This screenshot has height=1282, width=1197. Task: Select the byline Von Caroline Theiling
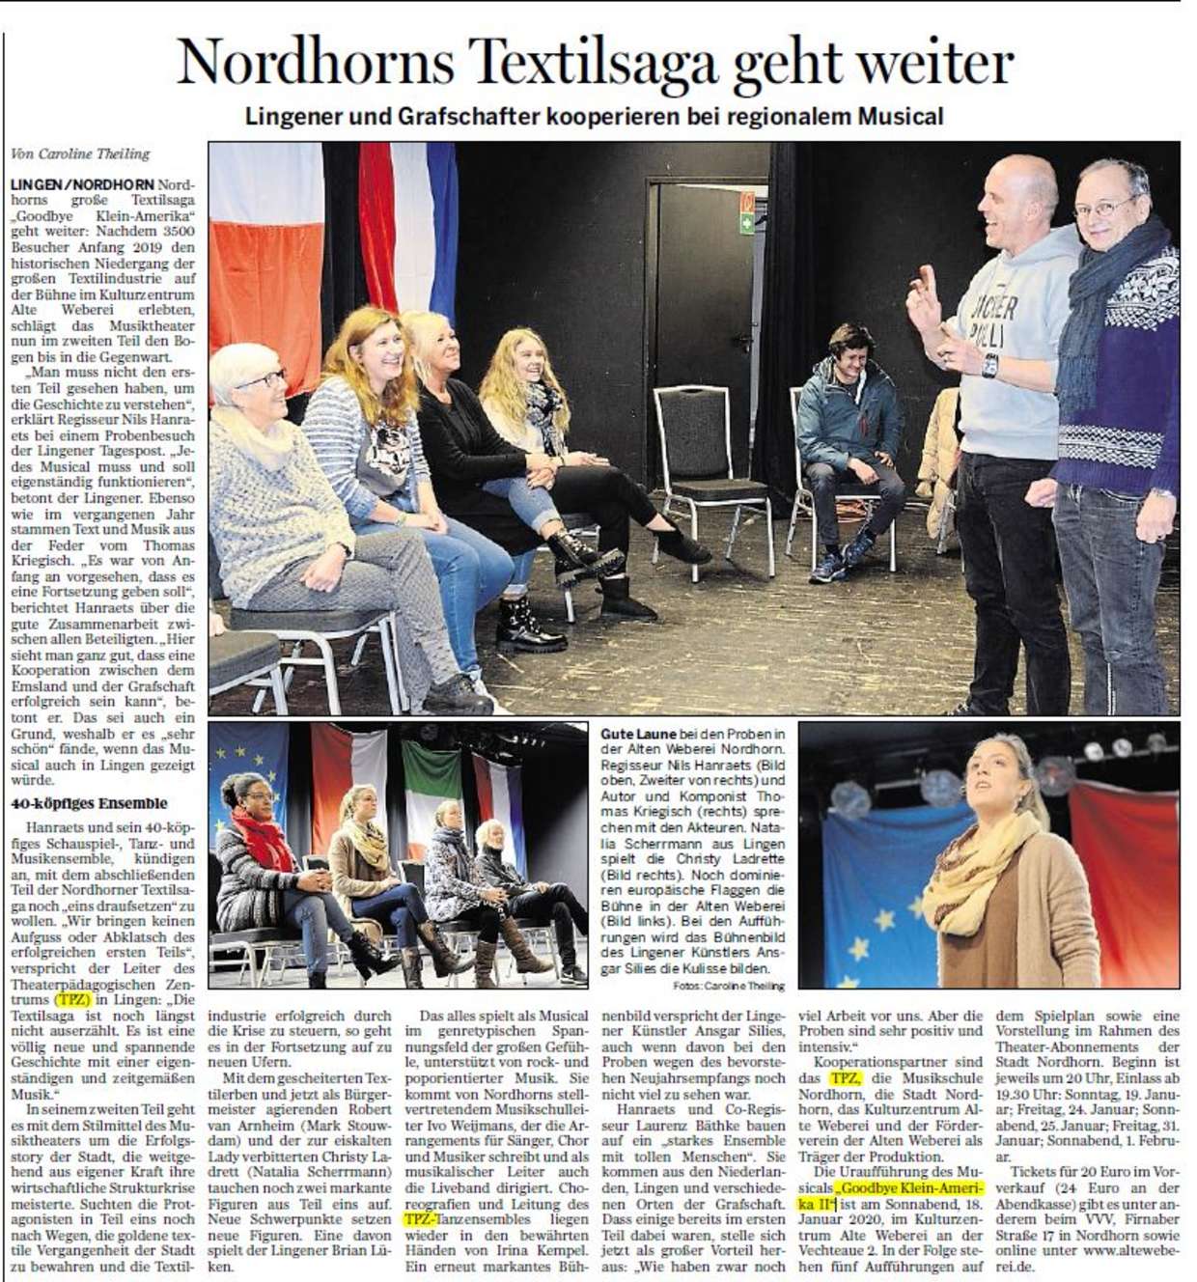coord(80,153)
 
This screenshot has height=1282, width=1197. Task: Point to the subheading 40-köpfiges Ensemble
coord(89,803)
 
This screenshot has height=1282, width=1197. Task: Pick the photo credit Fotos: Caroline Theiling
coord(730,986)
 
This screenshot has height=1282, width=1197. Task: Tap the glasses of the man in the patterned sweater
coord(1105,206)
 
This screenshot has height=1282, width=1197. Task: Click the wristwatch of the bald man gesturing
coord(989,365)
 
